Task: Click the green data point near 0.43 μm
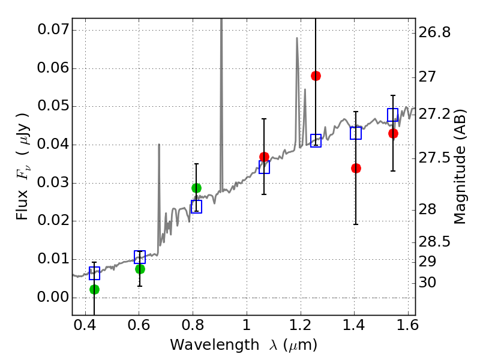point(94,289)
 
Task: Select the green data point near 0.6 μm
point(140,269)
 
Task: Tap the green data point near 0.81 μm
point(196,188)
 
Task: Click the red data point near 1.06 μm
point(264,157)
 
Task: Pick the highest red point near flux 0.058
point(316,76)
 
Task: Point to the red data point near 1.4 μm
point(356,168)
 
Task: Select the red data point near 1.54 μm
point(393,133)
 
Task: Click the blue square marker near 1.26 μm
point(316,140)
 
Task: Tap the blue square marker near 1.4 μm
point(356,133)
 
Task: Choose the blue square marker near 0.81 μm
point(196,206)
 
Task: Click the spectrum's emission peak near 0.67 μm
point(159,145)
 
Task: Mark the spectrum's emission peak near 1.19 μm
point(296,38)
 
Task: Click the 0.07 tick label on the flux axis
point(53,29)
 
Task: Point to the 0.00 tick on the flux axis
point(53,297)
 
